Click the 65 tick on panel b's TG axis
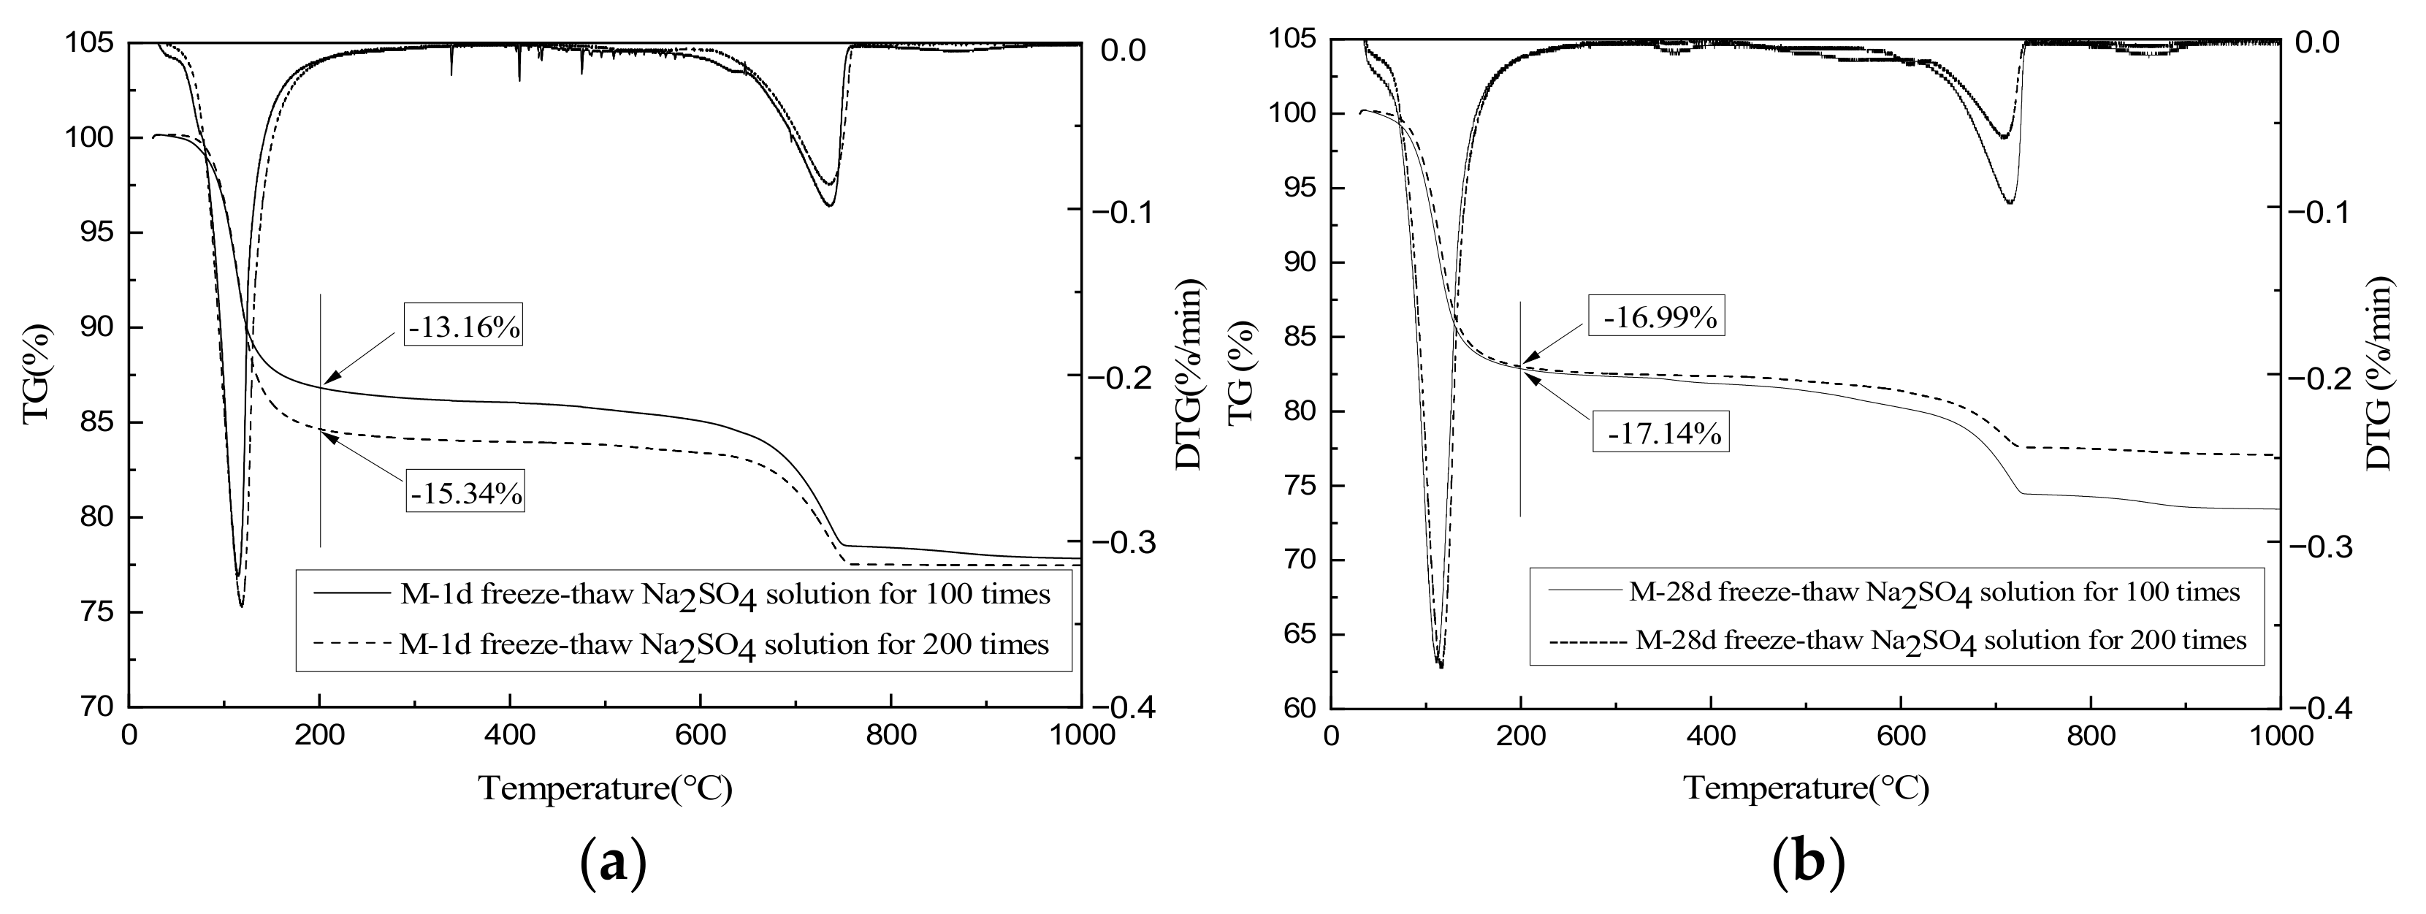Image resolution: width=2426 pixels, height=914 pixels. (1300, 634)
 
